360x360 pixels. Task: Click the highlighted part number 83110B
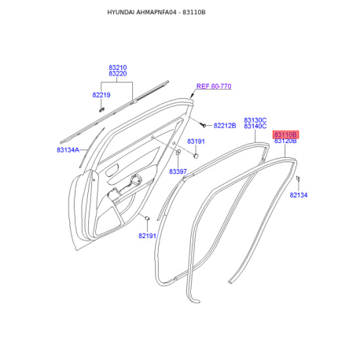[x=285, y=134]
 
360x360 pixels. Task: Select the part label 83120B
[x=285, y=141]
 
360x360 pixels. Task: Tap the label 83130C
[x=255, y=120]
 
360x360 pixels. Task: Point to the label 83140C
[x=255, y=127]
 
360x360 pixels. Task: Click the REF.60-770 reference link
[x=214, y=86]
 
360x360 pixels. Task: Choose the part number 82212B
[x=225, y=126]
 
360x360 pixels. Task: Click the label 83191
[x=196, y=141]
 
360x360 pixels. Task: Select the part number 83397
[x=178, y=171]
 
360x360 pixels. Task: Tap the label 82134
[x=299, y=195]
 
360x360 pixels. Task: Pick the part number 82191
[x=147, y=236]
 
